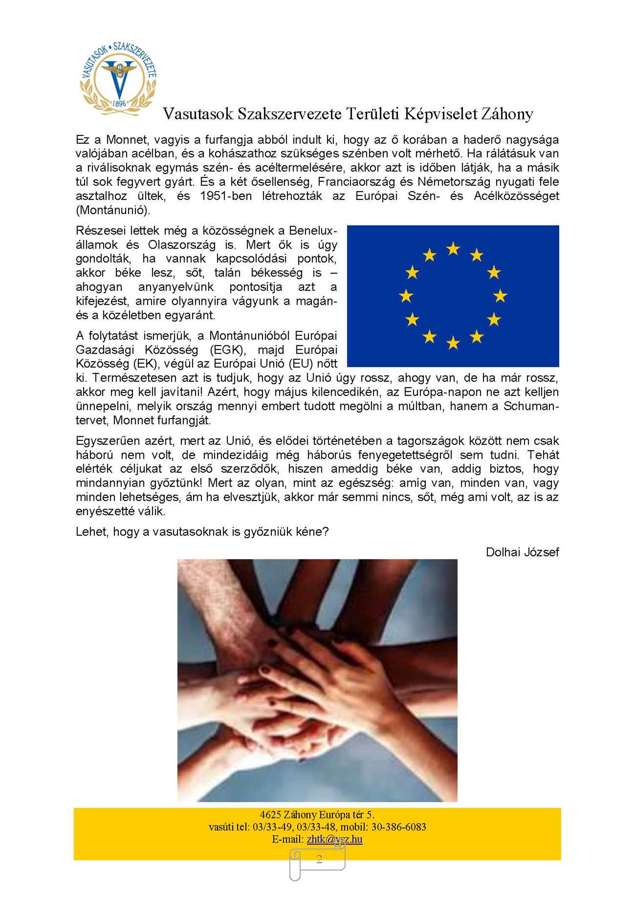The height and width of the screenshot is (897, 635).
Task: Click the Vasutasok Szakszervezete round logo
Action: click(118, 79)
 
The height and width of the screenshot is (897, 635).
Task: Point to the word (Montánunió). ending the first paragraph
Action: click(113, 210)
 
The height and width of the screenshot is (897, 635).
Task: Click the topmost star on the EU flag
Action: click(453, 249)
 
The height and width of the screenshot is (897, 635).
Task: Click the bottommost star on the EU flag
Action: click(453, 343)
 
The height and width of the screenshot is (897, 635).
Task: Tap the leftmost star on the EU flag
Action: click(406, 296)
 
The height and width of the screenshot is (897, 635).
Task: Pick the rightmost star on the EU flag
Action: click(500, 296)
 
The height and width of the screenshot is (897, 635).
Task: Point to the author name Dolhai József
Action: click(522, 552)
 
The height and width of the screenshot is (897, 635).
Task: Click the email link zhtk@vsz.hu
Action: click(334, 839)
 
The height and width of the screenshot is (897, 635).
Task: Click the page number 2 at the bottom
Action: click(319, 859)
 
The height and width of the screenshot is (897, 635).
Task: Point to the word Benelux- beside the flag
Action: click(313, 231)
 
